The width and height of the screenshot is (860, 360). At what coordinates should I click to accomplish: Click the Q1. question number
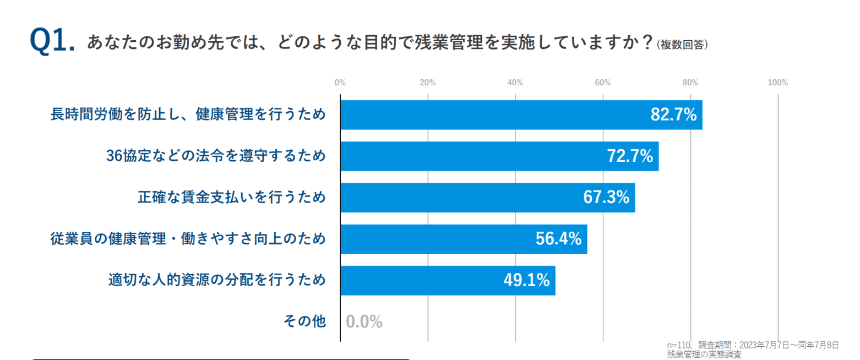click(52, 41)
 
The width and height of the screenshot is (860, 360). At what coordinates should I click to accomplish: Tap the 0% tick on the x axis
click(340, 83)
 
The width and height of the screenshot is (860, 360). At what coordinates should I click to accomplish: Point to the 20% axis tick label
click(428, 83)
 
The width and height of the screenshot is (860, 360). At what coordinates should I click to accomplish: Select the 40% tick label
click(515, 83)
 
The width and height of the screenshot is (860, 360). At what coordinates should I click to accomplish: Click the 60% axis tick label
click(603, 83)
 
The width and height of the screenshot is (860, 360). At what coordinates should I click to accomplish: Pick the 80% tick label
click(690, 83)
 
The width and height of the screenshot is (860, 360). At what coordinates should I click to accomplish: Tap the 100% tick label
click(777, 83)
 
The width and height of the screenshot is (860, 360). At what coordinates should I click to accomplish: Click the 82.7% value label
click(673, 115)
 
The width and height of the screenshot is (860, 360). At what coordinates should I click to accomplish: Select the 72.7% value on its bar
click(630, 156)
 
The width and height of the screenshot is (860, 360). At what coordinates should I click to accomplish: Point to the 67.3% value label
click(606, 198)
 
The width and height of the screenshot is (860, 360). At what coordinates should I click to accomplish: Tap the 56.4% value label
click(558, 239)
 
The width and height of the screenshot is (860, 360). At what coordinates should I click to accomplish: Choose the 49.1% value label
click(526, 280)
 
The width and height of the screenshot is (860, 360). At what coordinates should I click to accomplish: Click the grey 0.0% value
click(364, 322)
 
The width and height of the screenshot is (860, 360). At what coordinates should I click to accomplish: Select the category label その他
click(304, 321)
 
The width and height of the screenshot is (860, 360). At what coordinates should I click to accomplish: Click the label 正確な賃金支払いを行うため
click(231, 198)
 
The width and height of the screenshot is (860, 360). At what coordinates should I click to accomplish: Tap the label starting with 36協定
click(215, 156)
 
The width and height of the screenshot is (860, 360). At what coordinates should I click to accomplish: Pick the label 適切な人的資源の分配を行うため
click(216, 280)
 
